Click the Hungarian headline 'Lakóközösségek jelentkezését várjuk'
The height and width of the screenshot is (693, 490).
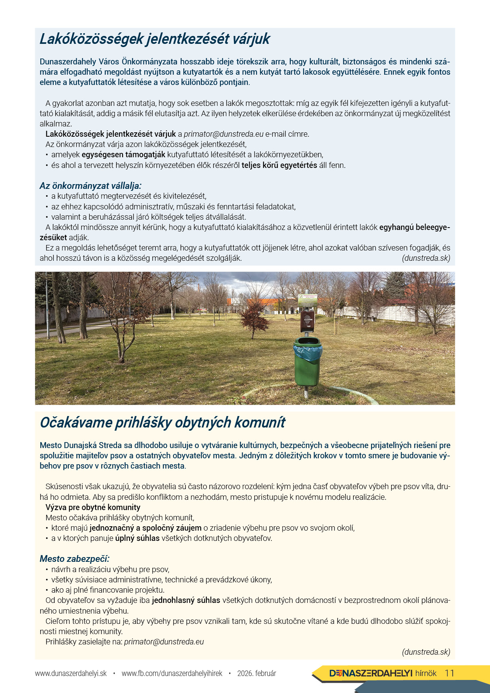coord(155,39)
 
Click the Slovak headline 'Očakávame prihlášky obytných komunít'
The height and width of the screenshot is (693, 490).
coord(162,422)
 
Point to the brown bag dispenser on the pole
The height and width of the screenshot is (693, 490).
coord(307,321)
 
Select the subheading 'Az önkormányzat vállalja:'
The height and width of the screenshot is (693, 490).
coord(90,186)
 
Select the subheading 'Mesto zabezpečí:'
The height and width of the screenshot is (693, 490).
coord(74,559)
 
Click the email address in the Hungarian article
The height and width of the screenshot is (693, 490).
coord(223,134)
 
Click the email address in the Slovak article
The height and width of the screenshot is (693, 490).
coord(164,642)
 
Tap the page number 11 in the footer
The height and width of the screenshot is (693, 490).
coord(449,673)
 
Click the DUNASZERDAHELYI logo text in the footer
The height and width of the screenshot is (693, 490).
coord(371,673)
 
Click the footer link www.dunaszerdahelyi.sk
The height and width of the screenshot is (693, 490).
coord(71,673)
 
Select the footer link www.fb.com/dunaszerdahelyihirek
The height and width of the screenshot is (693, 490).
coord(172,673)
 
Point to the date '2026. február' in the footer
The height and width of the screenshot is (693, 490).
coord(256,673)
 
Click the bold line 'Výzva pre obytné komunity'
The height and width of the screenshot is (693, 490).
coord(93,507)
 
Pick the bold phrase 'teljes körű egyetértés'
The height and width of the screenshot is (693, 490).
coord(279,165)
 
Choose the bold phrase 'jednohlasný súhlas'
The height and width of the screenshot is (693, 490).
coord(186,600)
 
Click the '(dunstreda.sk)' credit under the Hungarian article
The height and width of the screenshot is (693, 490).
coord(426,258)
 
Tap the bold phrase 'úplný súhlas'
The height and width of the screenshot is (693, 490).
coord(137,538)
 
